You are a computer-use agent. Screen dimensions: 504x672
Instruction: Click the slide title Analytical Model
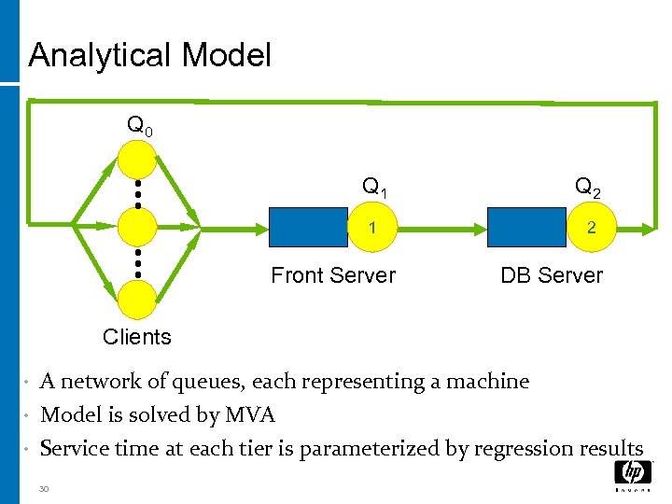(149, 56)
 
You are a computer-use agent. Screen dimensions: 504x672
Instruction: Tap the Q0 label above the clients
(141, 125)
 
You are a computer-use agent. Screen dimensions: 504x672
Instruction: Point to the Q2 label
(587, 188)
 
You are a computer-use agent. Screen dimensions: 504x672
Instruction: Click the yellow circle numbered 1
(372, 228)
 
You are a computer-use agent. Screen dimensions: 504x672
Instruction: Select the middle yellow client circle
(137, 226)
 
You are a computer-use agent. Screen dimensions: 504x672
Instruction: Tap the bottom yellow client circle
(137, 298)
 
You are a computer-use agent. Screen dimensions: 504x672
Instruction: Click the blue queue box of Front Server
(309, 227)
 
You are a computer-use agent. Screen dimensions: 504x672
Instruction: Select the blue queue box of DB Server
(526, 227)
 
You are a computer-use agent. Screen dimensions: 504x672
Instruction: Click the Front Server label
(333, 275)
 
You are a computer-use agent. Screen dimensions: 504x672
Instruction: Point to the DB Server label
(552, 275)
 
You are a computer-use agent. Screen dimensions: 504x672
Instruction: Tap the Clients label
(137, 337)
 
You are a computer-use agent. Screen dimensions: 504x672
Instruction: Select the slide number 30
(46, 487)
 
